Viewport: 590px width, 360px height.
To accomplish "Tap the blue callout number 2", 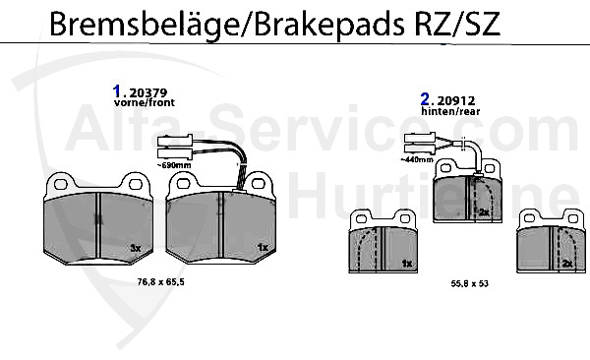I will click(x=425, y=100).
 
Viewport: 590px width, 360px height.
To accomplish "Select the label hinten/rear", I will click(x=446, y=113).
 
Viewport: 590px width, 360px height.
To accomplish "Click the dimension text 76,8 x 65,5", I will click(x=160, y=282).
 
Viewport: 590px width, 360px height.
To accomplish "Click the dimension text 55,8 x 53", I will click(x=468, y=282).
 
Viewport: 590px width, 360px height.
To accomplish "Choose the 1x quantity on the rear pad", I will click(x=407, y=263).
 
